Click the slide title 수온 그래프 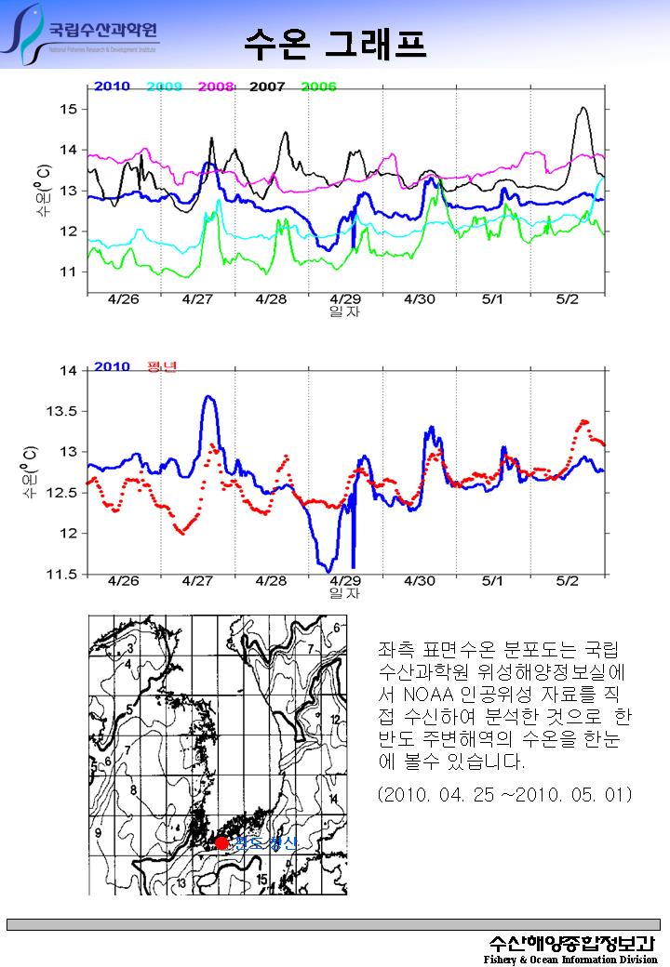pyautogui.click(x=336, y=42)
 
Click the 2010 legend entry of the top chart pyautogui.click(x=112, y=86)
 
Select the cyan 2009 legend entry pyautogui.click(x=164, y=86)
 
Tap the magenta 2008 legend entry pyautogui.click(x=216, y=86)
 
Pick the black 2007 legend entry pyautogui.click(x=267, y=86)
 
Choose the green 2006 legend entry pyautogui.click(x=318, y=86)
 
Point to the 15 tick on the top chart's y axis pyautogui.click(x=69, y=110)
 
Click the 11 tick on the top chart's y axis pyautogui.click(x=69, y=272)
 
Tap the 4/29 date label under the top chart pyautogui.click(x=345, y=299)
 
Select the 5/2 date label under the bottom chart pyautogui.click(x=567, y=580)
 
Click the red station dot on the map pyautogui.click(x=221, y=842)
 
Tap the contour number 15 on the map pyautogui.click(x=263, y=879)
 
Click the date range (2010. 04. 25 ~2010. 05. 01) pyautogui.click(x=505, y=794)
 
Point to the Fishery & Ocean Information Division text pyautogui.click(x=570, y=960)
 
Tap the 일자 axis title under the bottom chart pyautogui.click(x=345, y=592)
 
